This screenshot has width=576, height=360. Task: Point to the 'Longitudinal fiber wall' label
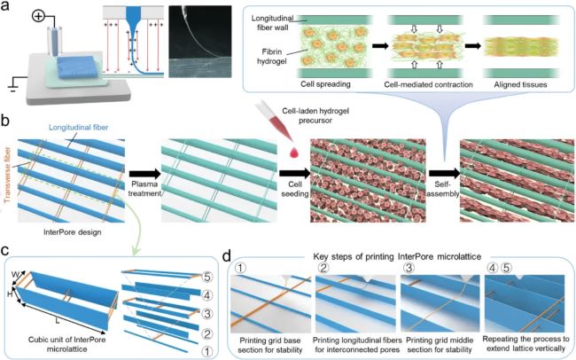pos(275,25)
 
